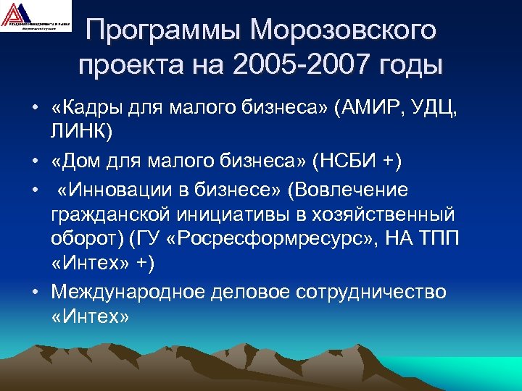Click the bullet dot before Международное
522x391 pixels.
pos(34,292)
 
